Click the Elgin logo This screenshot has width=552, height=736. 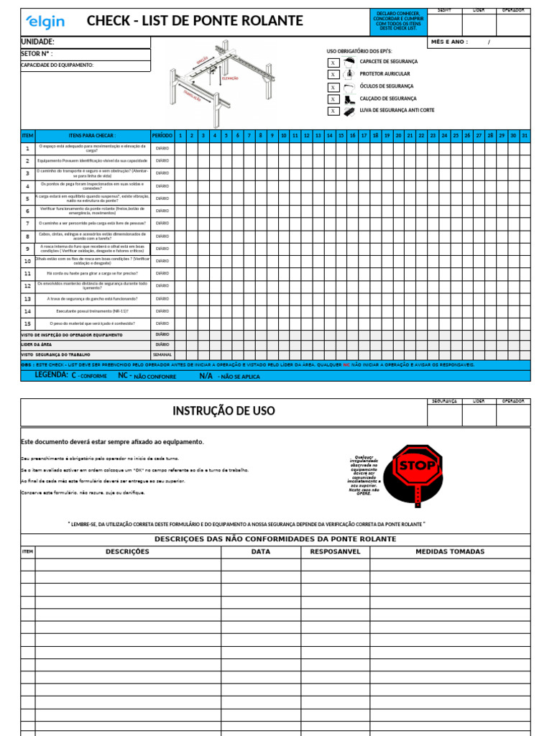click(x=45, y=22)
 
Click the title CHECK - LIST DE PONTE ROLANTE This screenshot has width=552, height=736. click(x=194, y=22)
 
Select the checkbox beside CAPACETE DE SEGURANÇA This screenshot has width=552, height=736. click(x=333, y=63)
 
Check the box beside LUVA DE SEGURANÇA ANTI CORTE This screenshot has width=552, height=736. click(x=333, y=111)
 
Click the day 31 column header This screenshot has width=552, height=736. click(x=524, y=135)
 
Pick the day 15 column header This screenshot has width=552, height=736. click(x=341, y=135)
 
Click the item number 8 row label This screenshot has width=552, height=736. click(x=27, y=236)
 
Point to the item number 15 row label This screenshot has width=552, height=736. click(x=27, y=323)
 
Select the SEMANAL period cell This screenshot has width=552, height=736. click(x=162, y=355)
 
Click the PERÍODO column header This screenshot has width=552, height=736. click(x=162, y=135)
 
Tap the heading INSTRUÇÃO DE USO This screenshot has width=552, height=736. click(x=224, y=411)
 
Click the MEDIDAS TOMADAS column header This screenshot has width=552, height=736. click(x=450, y=551)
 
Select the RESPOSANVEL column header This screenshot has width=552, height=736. click(x=334, y=551)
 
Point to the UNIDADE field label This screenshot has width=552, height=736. click(x=38, y=42)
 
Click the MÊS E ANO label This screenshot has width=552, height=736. click(x=449, y=42)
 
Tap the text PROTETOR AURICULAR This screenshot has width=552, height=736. click(x=385, y=74)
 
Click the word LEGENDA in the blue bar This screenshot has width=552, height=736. click(x=51, y=375)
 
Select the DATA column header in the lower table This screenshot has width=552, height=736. click(x=260, y=551)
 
